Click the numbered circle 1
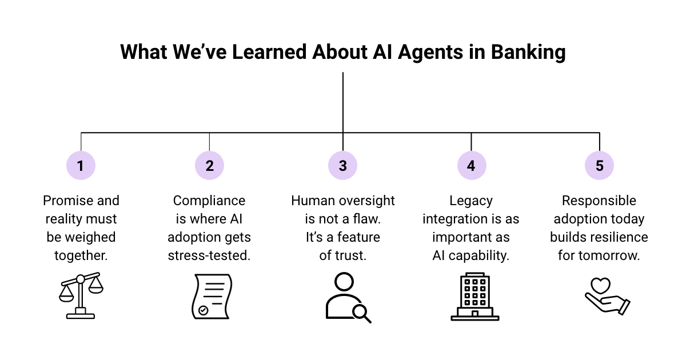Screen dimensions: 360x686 point(81,166)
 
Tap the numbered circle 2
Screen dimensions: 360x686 point(209,166)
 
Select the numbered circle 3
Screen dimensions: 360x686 point(342,166)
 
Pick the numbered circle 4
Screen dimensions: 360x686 point(471,166)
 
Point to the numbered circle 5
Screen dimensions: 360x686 point(599,166)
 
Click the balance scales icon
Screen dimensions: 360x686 point(80,295)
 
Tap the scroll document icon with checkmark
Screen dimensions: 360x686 point(210,296)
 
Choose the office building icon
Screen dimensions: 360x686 point(474,296)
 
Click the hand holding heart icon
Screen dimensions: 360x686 point(607,296)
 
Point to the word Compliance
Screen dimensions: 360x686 point(209,201)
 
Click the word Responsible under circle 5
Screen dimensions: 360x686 point(599,201)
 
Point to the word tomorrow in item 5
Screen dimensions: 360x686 point(608,255)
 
